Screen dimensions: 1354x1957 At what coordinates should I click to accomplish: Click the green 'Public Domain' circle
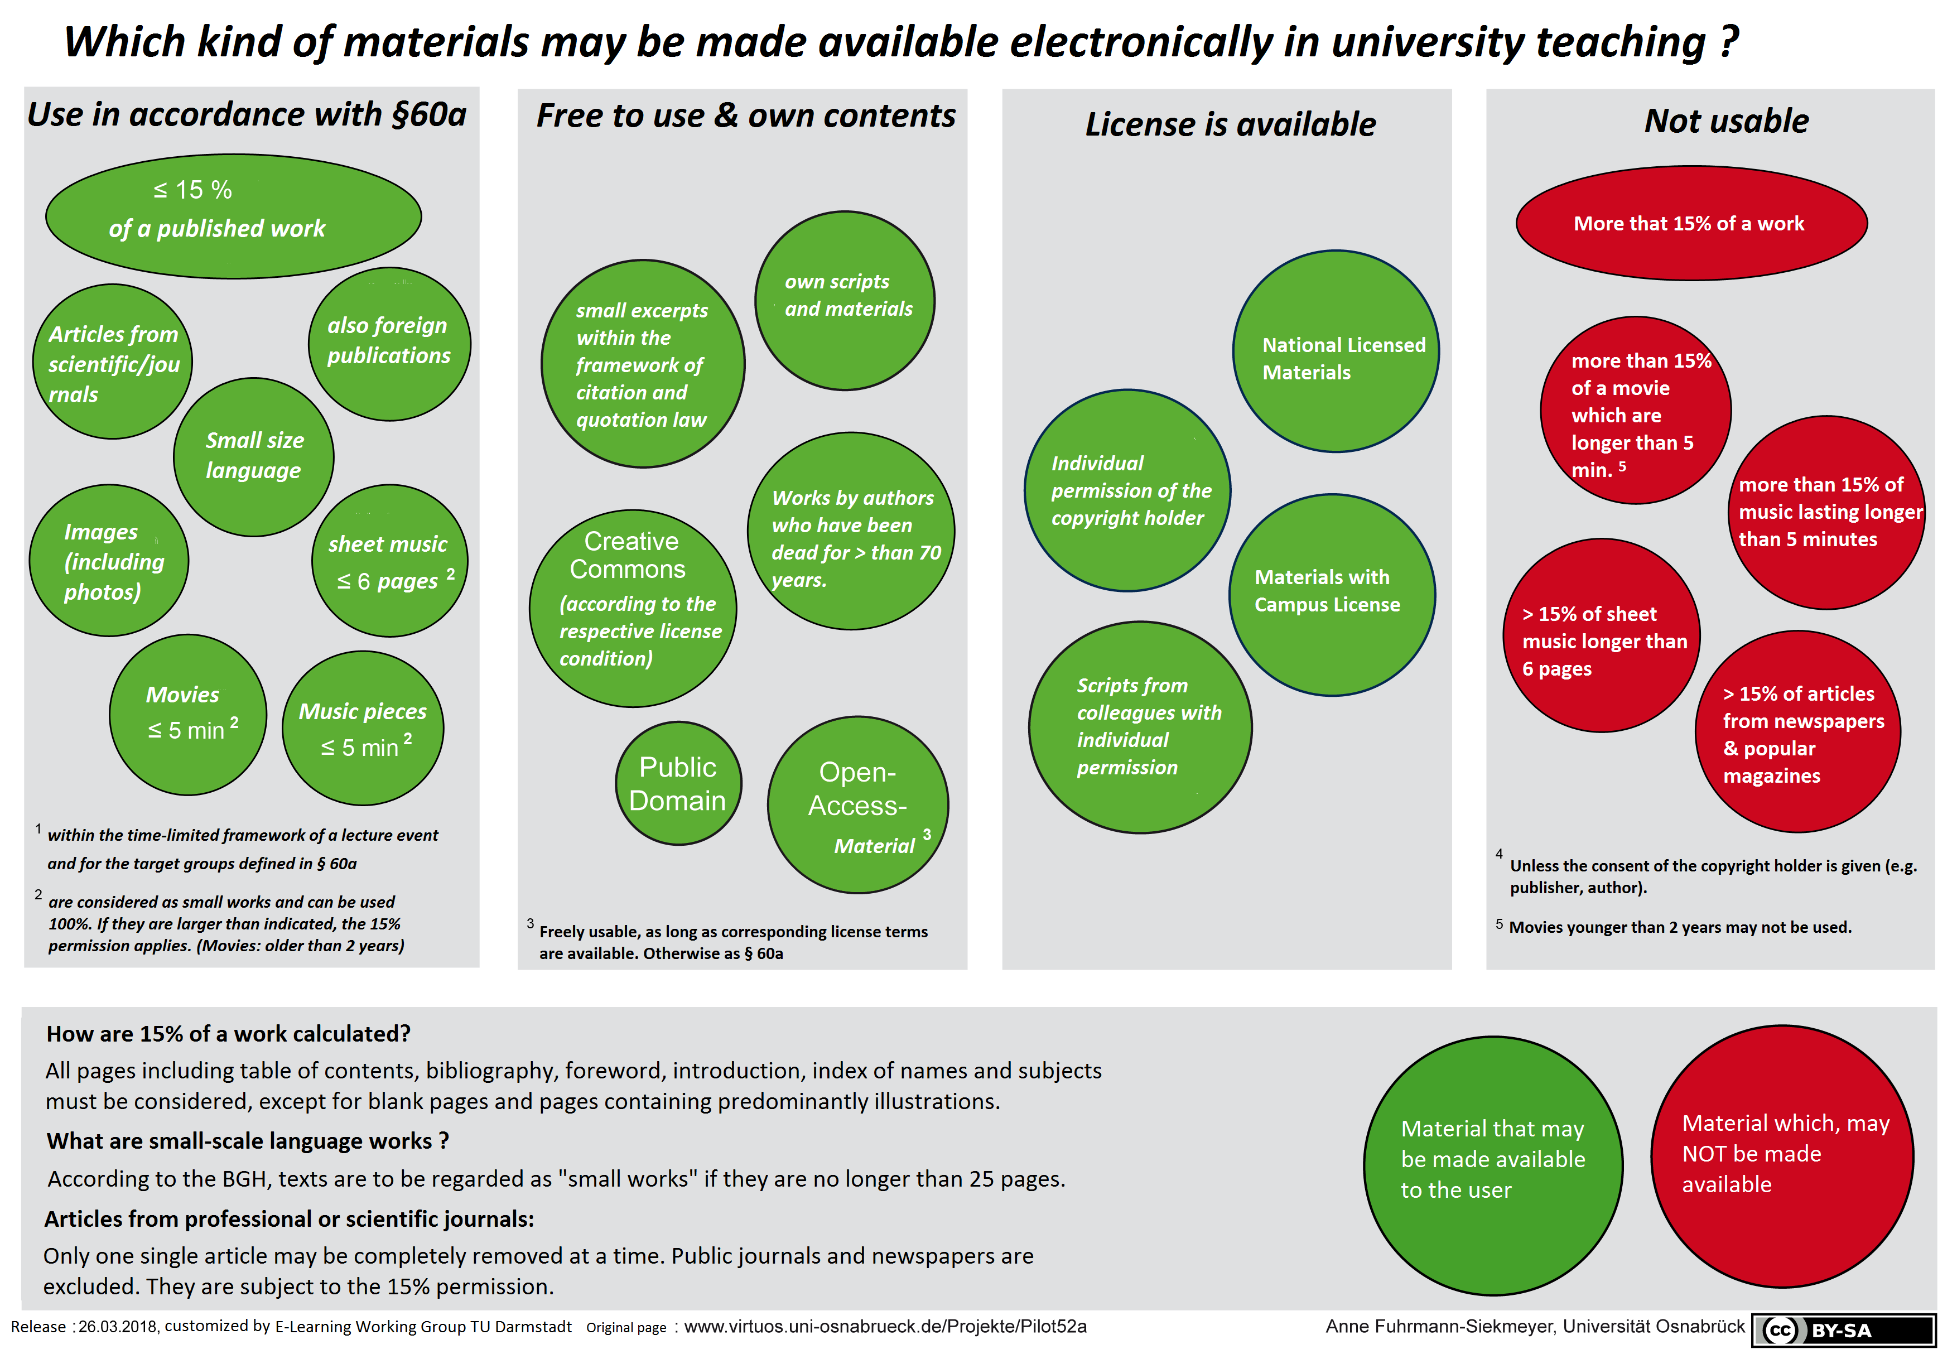[678, 783]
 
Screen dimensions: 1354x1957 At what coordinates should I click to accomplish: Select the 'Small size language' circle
[254, 456]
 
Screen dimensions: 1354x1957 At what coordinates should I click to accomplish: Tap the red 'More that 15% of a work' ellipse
[1691, 223]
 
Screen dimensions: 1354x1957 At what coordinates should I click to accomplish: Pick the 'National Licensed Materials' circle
[1335, 351]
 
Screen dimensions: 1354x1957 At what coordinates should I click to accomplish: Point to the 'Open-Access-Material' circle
[857, 805]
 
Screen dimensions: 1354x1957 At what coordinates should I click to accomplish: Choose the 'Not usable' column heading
[1726, 121]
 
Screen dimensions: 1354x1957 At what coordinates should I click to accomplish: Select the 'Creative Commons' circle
[633, 608]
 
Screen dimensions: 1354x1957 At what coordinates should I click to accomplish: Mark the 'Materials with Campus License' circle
[1332, 595]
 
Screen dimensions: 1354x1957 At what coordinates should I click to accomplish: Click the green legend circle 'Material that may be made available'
[1493, 1165]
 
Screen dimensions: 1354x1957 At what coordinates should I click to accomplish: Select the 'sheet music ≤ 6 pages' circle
[389, 561]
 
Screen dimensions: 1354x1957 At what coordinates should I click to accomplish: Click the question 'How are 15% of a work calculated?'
[228, 1033]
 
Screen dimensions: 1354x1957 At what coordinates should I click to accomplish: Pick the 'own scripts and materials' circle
[845, 300]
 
